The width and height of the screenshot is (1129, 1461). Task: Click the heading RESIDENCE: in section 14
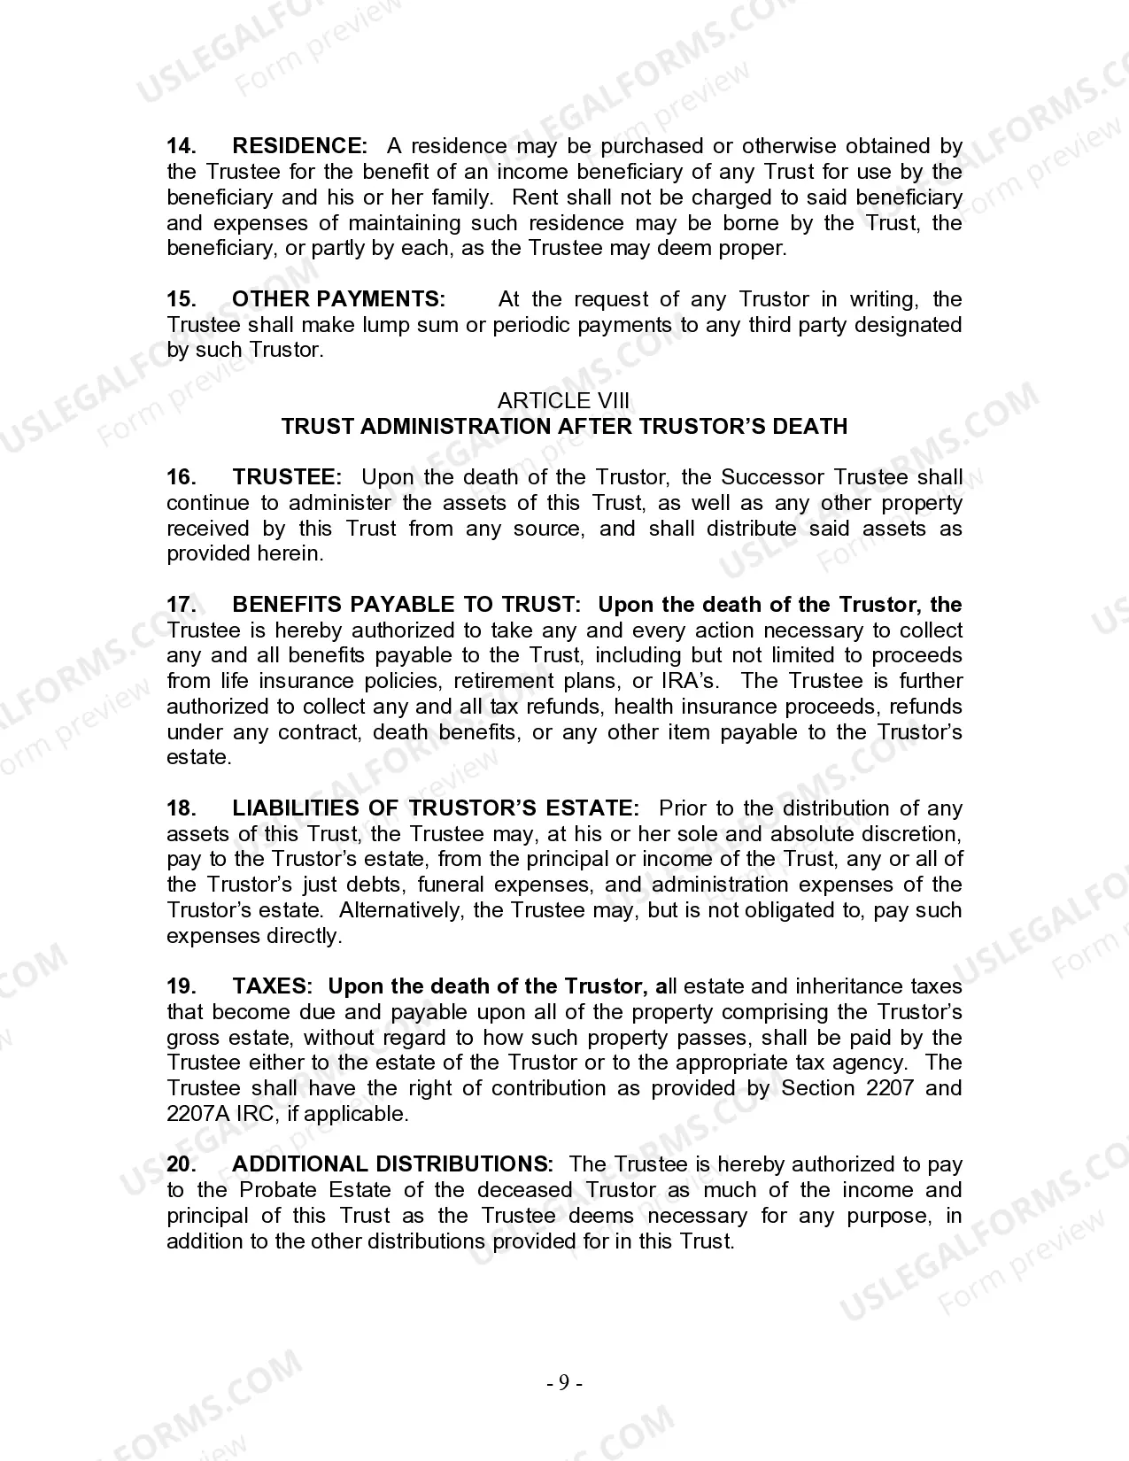[299, 146]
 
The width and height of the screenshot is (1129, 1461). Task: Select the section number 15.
[182, 299]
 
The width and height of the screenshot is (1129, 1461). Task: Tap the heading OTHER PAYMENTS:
[338, 299]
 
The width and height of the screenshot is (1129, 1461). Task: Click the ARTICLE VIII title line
[564, 401]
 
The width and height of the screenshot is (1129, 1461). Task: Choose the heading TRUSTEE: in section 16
[287, 477]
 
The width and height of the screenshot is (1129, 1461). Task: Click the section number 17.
[182, 605]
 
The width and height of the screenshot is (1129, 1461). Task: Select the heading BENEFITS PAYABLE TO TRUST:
[406, 605]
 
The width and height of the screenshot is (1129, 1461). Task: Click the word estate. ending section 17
[199, 758]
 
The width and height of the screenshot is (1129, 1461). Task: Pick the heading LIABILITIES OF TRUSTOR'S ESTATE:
[436, 808]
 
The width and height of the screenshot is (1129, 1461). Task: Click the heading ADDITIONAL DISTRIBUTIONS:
[392, 1164]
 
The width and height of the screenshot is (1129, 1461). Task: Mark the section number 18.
[182, 808]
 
